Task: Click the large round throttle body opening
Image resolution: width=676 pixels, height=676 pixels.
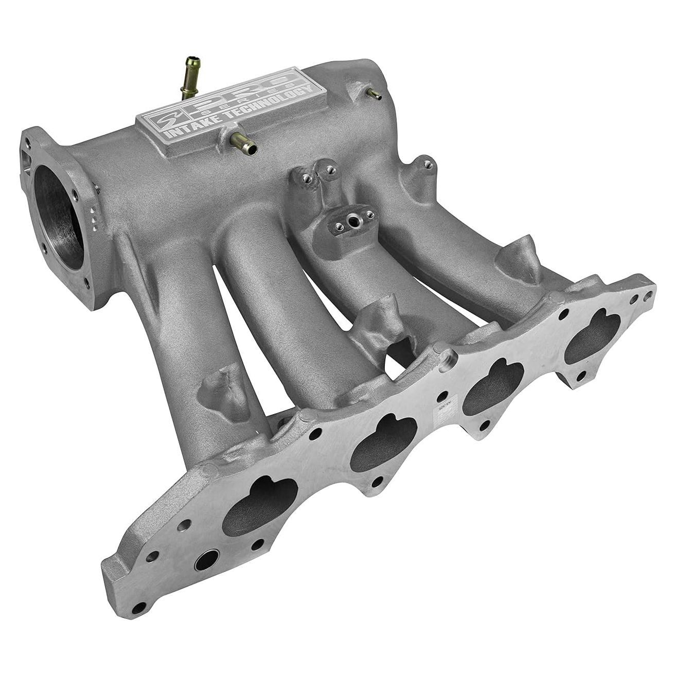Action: [x=58, y=216]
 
